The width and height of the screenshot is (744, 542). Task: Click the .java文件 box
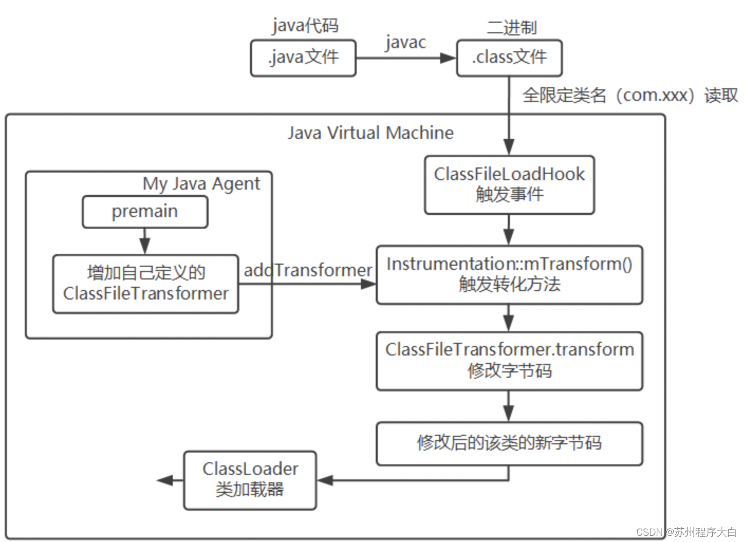point(303,58)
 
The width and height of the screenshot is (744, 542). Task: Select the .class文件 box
point(509,58)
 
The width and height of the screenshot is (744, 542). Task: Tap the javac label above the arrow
point(405,42)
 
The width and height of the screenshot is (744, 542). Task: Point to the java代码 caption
point(305,25)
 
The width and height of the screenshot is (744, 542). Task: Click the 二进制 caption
point(511,27)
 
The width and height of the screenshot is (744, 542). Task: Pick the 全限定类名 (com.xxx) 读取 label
point(630,96)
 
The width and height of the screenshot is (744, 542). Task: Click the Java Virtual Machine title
point(370,133)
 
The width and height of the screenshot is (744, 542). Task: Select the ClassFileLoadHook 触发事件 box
point(509,184)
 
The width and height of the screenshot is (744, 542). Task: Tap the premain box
point(145,212)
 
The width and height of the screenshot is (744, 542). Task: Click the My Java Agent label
point(201,184)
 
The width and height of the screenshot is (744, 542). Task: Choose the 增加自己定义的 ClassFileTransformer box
point(145,284)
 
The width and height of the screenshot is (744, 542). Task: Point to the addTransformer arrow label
point(308,270)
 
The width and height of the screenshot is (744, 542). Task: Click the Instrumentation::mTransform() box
point(509,274)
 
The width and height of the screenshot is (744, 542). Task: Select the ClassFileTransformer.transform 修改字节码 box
point(509,360)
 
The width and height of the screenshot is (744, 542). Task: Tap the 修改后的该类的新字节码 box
point(509,443)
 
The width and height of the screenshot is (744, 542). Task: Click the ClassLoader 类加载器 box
point(250,480)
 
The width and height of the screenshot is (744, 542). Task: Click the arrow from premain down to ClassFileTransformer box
point(145,241)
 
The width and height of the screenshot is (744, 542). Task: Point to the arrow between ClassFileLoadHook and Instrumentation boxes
point(508,230)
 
